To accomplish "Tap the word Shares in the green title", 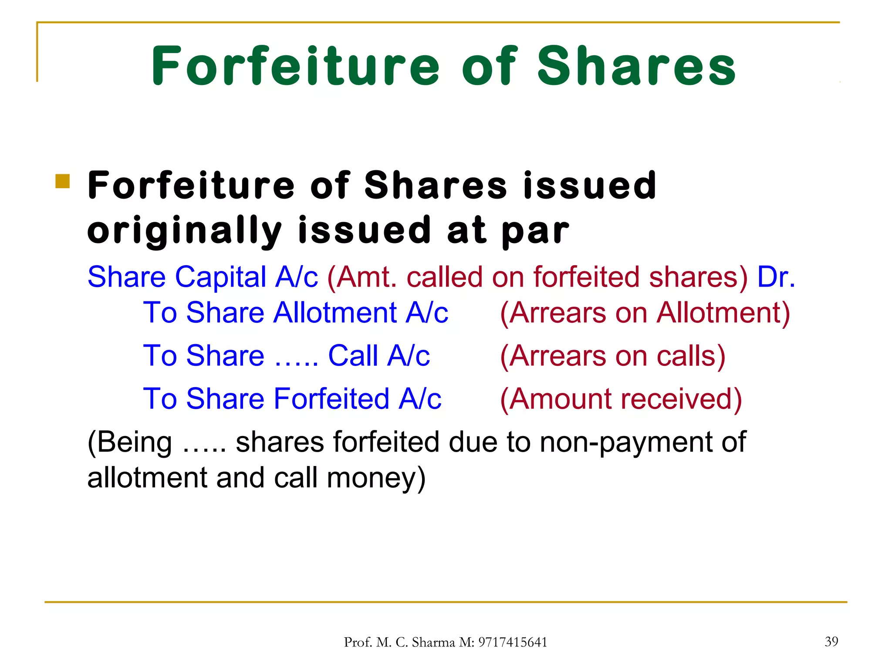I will [636, 66].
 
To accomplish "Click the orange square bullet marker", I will [63, 181].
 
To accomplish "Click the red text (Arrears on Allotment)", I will [645, 313].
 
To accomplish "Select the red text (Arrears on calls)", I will [612, 356].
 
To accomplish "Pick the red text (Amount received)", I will [621, 399].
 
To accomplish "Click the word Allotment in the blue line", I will [335, 313].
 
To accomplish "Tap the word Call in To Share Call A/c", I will [353, 356].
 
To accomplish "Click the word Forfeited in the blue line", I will [331, 399].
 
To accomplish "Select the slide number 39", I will [831, 641].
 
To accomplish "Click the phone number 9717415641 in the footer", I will [513, 642].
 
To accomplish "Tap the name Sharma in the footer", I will [433, 642].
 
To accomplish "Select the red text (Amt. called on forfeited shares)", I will [537, 277].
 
